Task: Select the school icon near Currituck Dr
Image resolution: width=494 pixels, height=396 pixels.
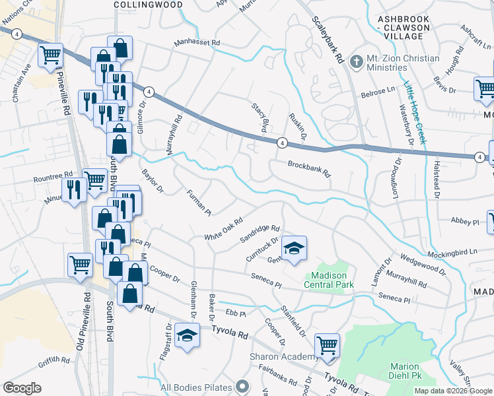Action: pyautogui.click(x=295, y=247)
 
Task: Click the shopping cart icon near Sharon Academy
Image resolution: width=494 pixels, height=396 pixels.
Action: pyautogui.click(x=327, y=345)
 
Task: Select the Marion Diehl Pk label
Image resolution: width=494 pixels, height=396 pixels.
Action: pyautogui.click(x=405, y=372)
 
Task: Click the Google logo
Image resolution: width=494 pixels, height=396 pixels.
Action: pyautogui.click(x=22, y=388)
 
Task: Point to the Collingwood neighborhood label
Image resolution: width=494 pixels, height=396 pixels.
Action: pyautogui.click(x=148, y=4)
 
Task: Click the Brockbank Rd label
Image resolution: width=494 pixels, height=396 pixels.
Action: pyautogui.click(x=308, y=169)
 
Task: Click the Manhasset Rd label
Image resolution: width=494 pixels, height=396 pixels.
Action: pyautogui.click(x=196, y=43)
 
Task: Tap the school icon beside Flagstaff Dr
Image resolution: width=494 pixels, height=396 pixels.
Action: pyautogui.click(x=187, y=335)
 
